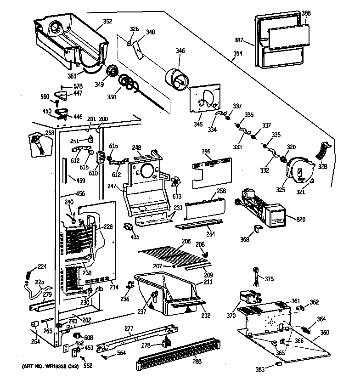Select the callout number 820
[x=301, y=220]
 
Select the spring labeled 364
[x=309, y=328]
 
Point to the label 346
[x=180, y=51]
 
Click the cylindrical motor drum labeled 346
[x=175, y=78]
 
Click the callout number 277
[x=129, y=328]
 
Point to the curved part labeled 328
[x=323, y=151]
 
